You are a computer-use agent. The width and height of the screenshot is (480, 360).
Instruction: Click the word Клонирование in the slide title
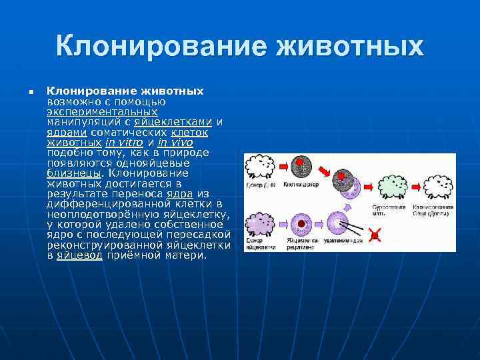coord(161,47)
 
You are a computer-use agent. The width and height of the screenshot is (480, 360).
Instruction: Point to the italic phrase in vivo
coord(175,142)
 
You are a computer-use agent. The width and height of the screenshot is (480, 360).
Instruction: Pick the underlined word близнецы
coord(73,173)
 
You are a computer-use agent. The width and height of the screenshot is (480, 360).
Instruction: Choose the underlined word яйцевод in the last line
coord(80,255)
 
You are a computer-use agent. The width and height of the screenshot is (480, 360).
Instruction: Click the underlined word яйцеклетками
coord(173,122)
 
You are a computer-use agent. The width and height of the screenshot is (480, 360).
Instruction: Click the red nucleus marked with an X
coord(375,234)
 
